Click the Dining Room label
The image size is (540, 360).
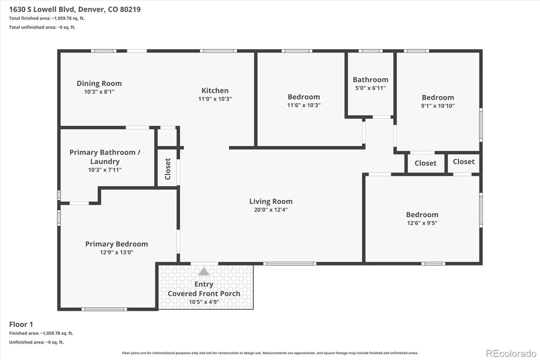pos(99,83)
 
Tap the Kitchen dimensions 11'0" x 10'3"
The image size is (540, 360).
pos(215,99)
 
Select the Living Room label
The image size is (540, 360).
pos(271,202)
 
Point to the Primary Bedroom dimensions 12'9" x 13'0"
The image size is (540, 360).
pos(117,252)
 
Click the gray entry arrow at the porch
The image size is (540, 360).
pos(204,272)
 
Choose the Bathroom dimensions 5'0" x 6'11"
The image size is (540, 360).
pos(371,88)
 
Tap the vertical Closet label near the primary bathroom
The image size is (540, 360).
pos(168,169)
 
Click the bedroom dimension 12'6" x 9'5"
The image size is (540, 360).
pos(422,223)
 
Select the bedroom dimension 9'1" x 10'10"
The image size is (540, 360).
pos(438,106)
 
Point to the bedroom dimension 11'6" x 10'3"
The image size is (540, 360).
pos(304,105)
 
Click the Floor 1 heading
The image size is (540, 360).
pos(21,324)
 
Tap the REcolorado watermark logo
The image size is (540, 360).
pos(511,354)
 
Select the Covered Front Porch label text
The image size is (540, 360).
pos(204,294)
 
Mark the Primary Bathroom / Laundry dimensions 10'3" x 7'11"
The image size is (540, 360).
pos(105,170)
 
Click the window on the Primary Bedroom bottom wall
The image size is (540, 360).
pos(104,309)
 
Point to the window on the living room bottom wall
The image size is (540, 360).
pos(290,263)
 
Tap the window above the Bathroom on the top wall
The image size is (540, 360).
pos(371,51)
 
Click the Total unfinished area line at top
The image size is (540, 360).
pos(42,27)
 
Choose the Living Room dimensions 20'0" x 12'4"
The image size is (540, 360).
pos(271,210)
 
